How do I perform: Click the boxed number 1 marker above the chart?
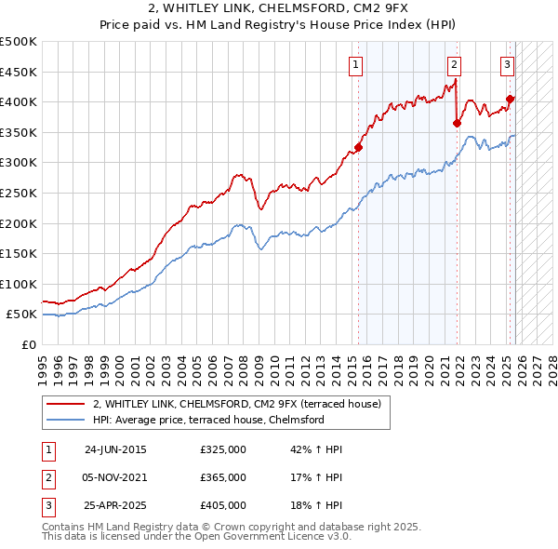pos(357,64)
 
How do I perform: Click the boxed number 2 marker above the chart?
pos(454,64)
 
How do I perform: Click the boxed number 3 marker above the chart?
pos(507,64)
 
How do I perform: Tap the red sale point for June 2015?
pos(359,147)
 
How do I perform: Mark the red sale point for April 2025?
pos(511,99)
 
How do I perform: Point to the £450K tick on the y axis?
pos(19,72)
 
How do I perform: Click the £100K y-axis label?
pos(19,284)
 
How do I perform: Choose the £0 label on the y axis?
pos(30,344)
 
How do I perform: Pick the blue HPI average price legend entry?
pos(207,421)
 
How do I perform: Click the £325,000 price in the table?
pos(223,449)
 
